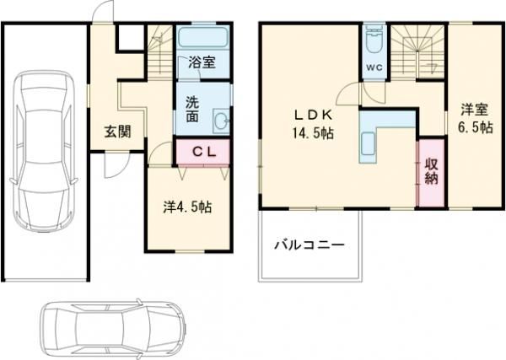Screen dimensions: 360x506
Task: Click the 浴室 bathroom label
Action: click(x=202, y=62)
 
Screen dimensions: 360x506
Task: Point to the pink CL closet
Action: click(x=202, y=153)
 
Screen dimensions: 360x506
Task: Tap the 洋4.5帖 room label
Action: click(x=186, y=207)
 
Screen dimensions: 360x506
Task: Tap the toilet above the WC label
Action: click(x=373, y=42)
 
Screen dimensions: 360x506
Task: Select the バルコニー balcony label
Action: click(x=308, y=246)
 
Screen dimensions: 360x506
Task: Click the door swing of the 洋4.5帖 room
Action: click(x=158, y=153)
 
